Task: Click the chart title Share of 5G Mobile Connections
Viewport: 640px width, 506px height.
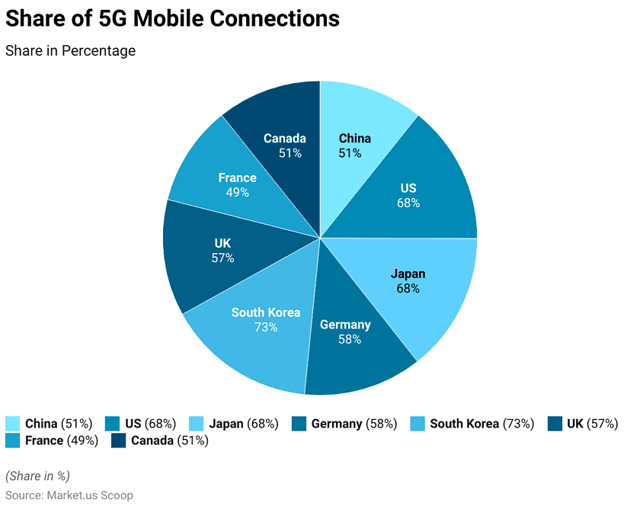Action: (172, 19)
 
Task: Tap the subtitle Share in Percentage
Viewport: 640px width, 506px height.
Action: (70, 51)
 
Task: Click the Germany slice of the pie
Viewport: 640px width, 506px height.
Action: (358, 358)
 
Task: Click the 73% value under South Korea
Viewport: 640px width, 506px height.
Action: (266, 327)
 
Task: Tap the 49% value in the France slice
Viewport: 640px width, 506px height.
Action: (237, 192)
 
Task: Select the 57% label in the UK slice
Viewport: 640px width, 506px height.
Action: (222, 258)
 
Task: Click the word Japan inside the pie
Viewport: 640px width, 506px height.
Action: (408, 274)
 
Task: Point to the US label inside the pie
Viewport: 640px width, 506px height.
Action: (408, 188)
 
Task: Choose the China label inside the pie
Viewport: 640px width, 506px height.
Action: (354, 138)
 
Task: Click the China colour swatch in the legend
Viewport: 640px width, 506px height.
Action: (12, 424)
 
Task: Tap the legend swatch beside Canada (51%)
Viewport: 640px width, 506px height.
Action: (119, 440)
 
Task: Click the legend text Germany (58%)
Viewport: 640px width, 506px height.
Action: (354, 424)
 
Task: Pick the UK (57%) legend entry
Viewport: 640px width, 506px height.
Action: (592, 424)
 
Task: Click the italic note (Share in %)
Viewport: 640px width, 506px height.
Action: (37, 476)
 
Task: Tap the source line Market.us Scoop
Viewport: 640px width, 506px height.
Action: (69, 495)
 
